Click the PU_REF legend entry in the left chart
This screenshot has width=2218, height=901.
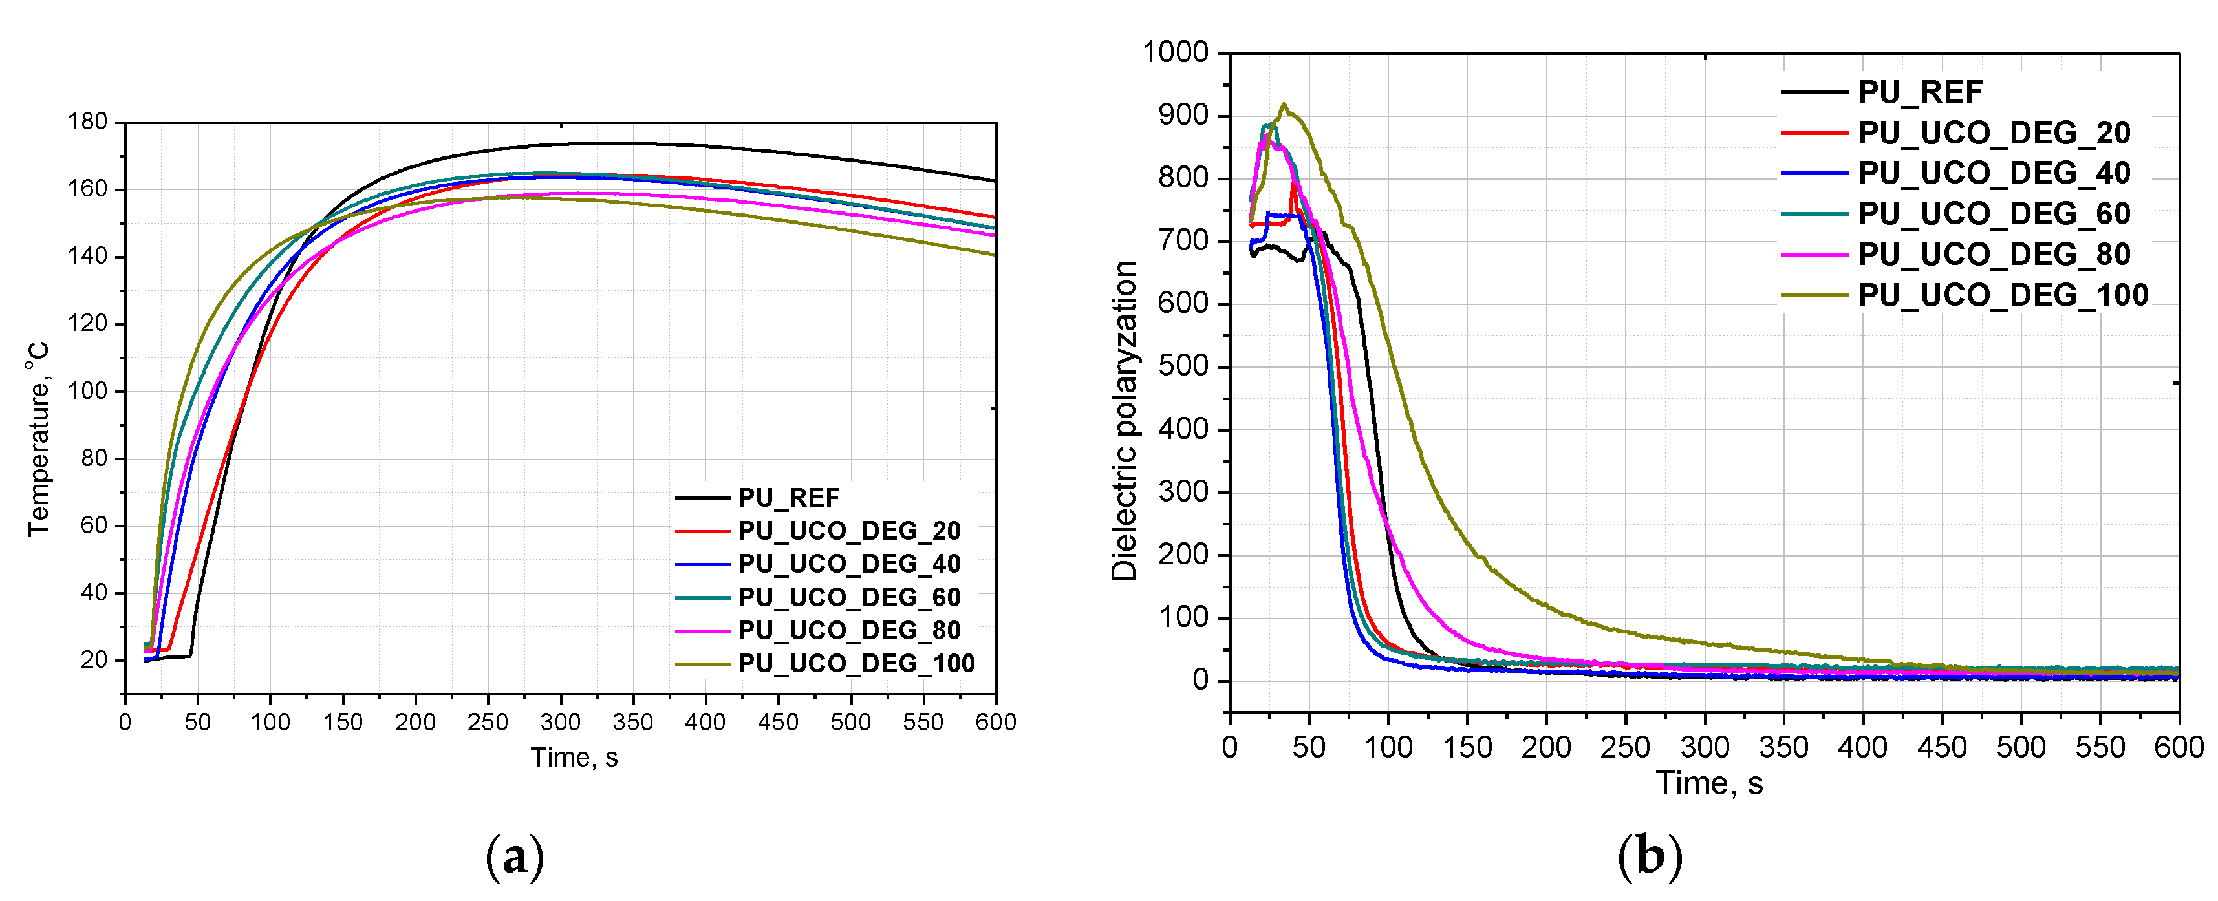click(788, 498)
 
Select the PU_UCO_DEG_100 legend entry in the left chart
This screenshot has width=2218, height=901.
click(856, 664)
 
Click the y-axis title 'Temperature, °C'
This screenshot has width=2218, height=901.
click(38, 439)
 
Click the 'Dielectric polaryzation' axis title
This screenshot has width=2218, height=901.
click(1124, 421)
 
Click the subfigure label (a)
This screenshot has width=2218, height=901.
click(515, 857)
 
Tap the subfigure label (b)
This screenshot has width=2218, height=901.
click(1649, 857)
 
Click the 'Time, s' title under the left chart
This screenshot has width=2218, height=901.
click(574, 758)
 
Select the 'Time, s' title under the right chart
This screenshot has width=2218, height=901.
click(1709, 783)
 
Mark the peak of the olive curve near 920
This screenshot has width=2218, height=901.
click(1284, 105)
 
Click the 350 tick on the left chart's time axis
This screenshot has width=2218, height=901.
click(633, 722)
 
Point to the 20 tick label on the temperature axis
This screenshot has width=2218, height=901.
click(93, 660)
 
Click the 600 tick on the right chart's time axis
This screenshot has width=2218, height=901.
click(2179, 746)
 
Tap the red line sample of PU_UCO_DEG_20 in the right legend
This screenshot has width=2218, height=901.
click(1814, 132)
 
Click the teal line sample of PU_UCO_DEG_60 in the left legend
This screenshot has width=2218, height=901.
click(703, 597)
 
